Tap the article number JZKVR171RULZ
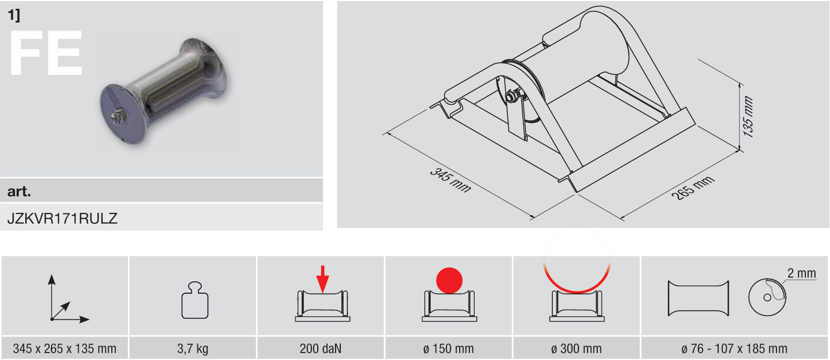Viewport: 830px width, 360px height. [62, 219]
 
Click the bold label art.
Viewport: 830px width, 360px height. [19, 191]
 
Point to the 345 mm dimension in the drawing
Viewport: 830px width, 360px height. [450, 180]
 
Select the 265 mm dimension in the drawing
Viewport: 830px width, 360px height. [693, 188]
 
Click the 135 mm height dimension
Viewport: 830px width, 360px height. [748, 117]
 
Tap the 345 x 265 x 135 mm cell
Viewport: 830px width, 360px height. [64, 349]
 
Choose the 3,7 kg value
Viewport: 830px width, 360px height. [193, 349]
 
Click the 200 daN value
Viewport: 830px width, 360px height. [321, 349]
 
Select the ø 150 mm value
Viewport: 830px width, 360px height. [448, 349]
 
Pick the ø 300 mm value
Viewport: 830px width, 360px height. [576, 349]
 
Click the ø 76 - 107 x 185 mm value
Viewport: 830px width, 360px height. [734, 349]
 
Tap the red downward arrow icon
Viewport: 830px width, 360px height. [323, 279]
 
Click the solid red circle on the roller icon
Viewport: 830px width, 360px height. [449, 280]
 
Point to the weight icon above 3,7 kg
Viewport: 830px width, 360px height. [195, 300]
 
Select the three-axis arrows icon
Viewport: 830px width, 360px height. [68, 298]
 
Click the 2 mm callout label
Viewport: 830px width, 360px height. [802, 273]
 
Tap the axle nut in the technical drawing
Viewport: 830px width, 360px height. [511, 96]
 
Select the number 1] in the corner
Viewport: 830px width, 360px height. [14, 15]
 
